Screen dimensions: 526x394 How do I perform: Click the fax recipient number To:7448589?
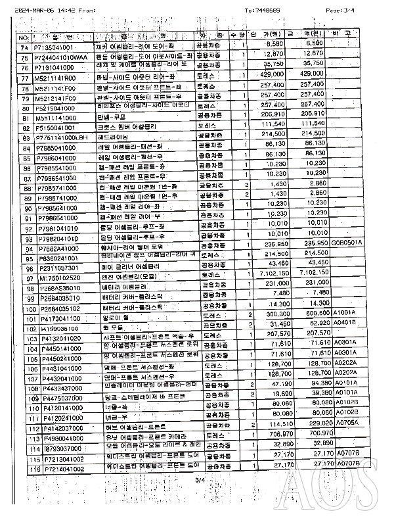pyautogui.click(x=263, y=10)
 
